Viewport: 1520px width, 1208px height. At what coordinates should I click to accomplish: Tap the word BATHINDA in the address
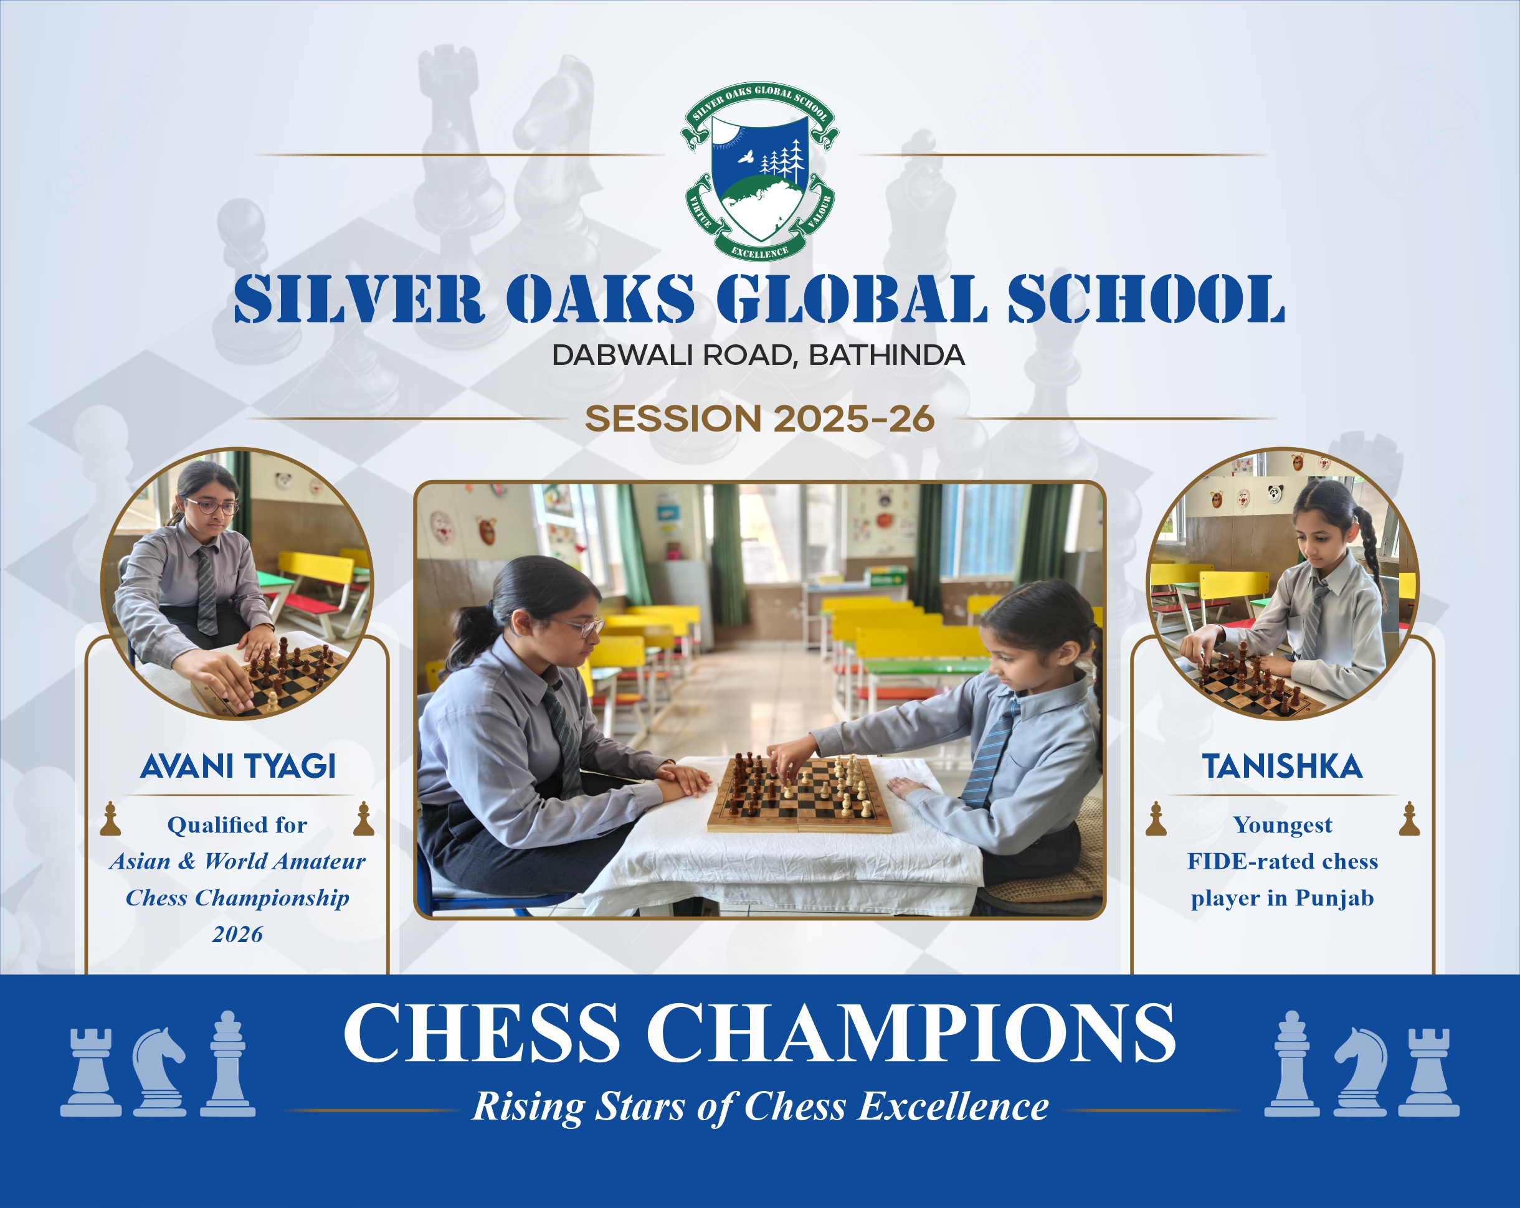(x=886, y=355)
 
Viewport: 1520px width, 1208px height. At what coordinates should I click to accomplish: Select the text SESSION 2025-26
(x=759, y=418)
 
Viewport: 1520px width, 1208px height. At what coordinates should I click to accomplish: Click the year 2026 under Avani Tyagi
(x=237, y=935)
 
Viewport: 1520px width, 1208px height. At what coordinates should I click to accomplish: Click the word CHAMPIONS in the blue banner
(x=911, y=1032)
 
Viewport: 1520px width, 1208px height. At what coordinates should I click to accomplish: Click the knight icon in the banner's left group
(x=159, y=1071)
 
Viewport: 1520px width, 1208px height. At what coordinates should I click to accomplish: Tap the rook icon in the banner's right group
(x=1428, y=1073)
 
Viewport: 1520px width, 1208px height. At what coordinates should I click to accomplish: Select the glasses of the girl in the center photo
(x=577, y=626)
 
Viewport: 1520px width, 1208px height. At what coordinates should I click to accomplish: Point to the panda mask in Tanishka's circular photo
(x=1275, y=493)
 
